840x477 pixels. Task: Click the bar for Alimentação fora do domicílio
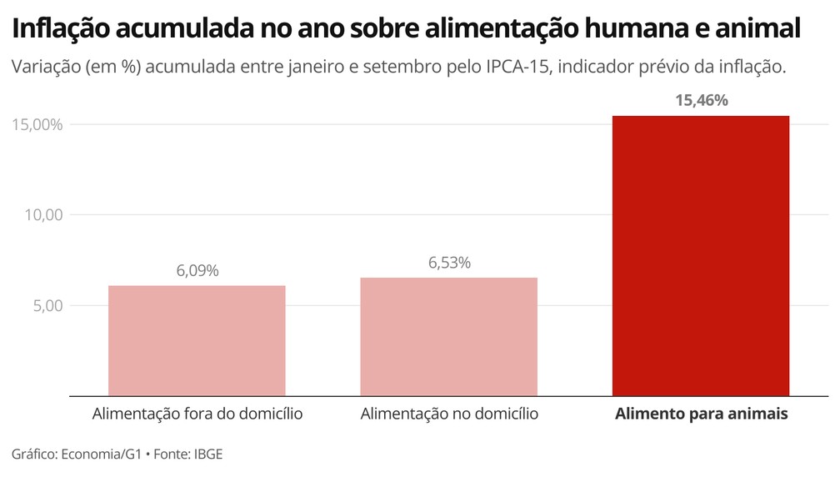coord(197,340)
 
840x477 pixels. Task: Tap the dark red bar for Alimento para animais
coord(701,255)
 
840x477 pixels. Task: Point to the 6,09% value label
coord(197,271)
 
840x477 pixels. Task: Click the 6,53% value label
coord(449,263)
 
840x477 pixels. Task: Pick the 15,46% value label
coord(701,101)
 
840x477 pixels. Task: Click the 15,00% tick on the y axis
coord(37,124)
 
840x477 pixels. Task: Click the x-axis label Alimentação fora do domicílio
coord(197,414)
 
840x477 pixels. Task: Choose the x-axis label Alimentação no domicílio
coord(449,414)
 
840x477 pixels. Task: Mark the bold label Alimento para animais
coord(701,414)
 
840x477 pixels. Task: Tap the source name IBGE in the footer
coord(208,454)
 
